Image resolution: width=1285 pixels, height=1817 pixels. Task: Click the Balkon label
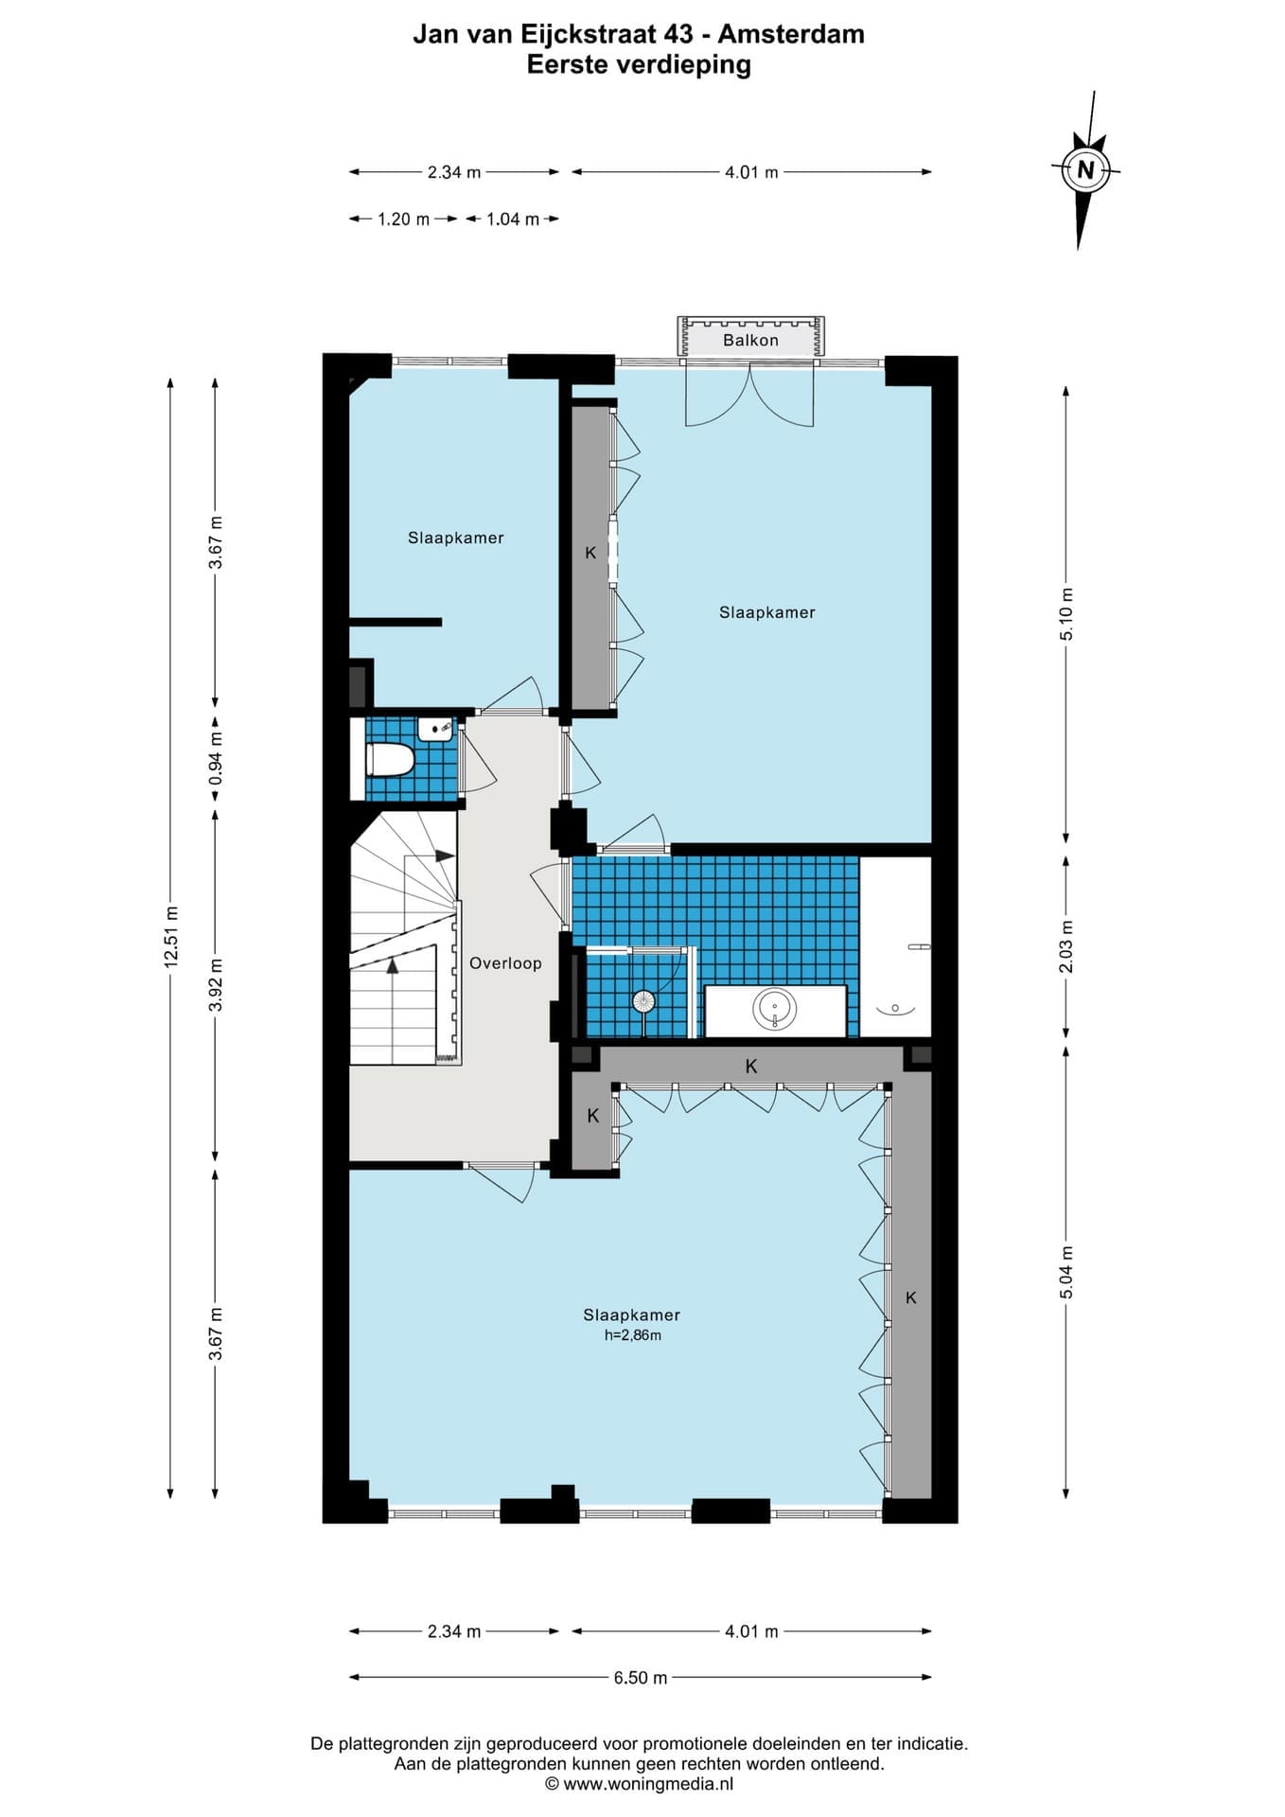click(750, 340)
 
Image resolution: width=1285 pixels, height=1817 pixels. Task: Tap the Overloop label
click(505, 963)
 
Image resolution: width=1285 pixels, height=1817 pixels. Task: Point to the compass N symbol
click(1085, 170)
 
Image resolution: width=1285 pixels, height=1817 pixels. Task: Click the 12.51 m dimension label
click(170, 936)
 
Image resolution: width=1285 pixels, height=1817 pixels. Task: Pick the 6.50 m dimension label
click(641, 1678)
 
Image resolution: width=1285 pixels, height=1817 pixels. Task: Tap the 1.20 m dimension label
click(404, 220)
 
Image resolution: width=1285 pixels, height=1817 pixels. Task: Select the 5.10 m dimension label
click(1066, 614)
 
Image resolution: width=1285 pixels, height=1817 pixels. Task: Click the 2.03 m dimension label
click(1066, 946)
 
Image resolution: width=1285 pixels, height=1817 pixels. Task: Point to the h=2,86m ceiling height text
click(633, 1335)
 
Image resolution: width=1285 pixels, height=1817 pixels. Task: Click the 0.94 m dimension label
click(216, 758)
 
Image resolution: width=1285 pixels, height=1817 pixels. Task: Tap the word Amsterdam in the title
click(791, 34)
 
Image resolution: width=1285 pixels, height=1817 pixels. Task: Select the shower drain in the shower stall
click(643, 1000)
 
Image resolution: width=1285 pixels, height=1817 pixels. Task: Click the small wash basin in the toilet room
click(436, 729)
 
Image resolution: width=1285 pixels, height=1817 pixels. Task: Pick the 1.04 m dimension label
click(513, 220)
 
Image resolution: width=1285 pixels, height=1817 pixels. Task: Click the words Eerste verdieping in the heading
click(639, 64)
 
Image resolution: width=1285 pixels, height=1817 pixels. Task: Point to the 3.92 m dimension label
click(216, 984)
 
